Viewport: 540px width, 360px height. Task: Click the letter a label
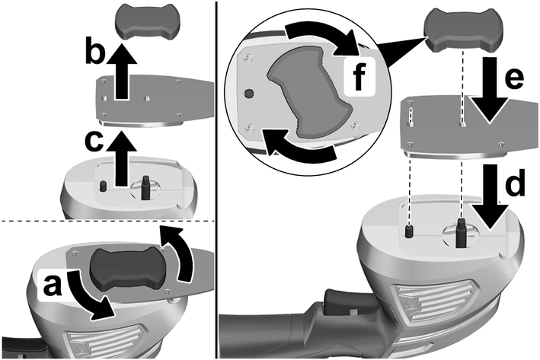click(50, 287)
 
